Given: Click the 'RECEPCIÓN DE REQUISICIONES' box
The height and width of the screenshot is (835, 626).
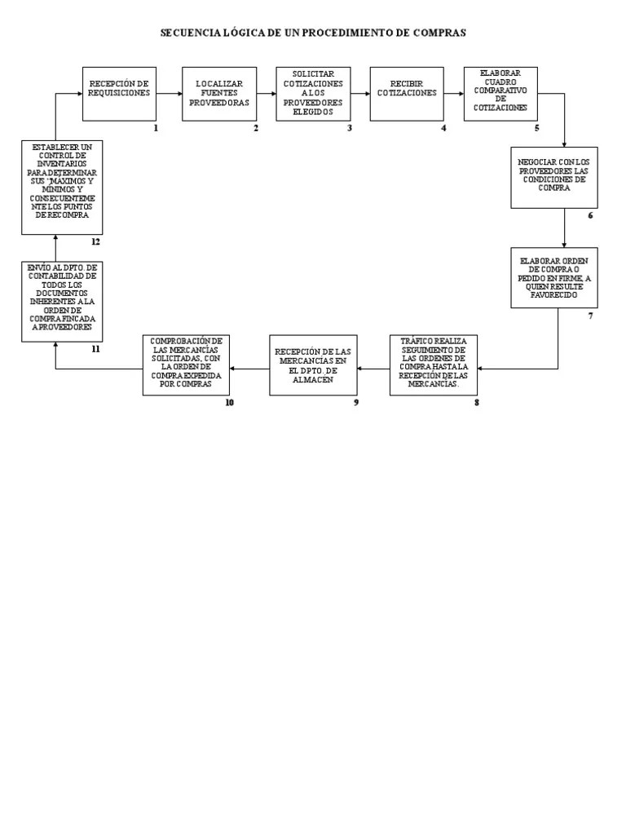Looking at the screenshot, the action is coord(119,94).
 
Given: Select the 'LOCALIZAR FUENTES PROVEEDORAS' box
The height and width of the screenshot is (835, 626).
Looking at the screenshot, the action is coord(218,94).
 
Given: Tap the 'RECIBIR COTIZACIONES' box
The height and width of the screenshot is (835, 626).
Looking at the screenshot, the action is coord(407,94).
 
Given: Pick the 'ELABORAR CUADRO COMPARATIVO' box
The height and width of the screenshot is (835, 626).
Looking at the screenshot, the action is coord(500,94).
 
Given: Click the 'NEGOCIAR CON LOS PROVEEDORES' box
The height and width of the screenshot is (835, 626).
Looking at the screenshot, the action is coord(553,177).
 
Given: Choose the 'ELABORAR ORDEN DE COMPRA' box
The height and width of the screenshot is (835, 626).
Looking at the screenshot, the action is coord(553,277).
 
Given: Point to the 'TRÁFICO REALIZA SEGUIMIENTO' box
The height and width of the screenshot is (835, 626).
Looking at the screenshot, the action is coord(433,364).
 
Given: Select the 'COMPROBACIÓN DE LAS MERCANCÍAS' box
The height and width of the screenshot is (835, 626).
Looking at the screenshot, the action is coord(186,364).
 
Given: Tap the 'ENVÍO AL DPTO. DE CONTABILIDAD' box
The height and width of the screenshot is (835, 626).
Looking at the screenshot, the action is coord(62,302).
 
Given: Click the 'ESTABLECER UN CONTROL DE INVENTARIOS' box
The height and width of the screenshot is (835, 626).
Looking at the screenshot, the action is coord(62,187).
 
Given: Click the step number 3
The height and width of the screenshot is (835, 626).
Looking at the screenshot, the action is coord(350,128).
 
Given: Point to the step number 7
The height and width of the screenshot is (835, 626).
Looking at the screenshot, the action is coord(591,316).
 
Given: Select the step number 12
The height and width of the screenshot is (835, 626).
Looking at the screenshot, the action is coord(95,242).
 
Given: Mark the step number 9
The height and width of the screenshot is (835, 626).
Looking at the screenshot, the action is coord(356,402).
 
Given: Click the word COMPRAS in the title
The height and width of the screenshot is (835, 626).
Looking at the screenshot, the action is coord(440,33).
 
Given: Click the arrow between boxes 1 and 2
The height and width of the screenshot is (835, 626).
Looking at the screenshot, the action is coord(169,94).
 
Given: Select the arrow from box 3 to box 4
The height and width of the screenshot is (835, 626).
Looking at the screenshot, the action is coord(360,94).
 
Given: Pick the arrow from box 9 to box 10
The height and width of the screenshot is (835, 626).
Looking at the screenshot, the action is coord(249,369).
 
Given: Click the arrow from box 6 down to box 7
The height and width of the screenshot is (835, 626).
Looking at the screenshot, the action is coord(564,228).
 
